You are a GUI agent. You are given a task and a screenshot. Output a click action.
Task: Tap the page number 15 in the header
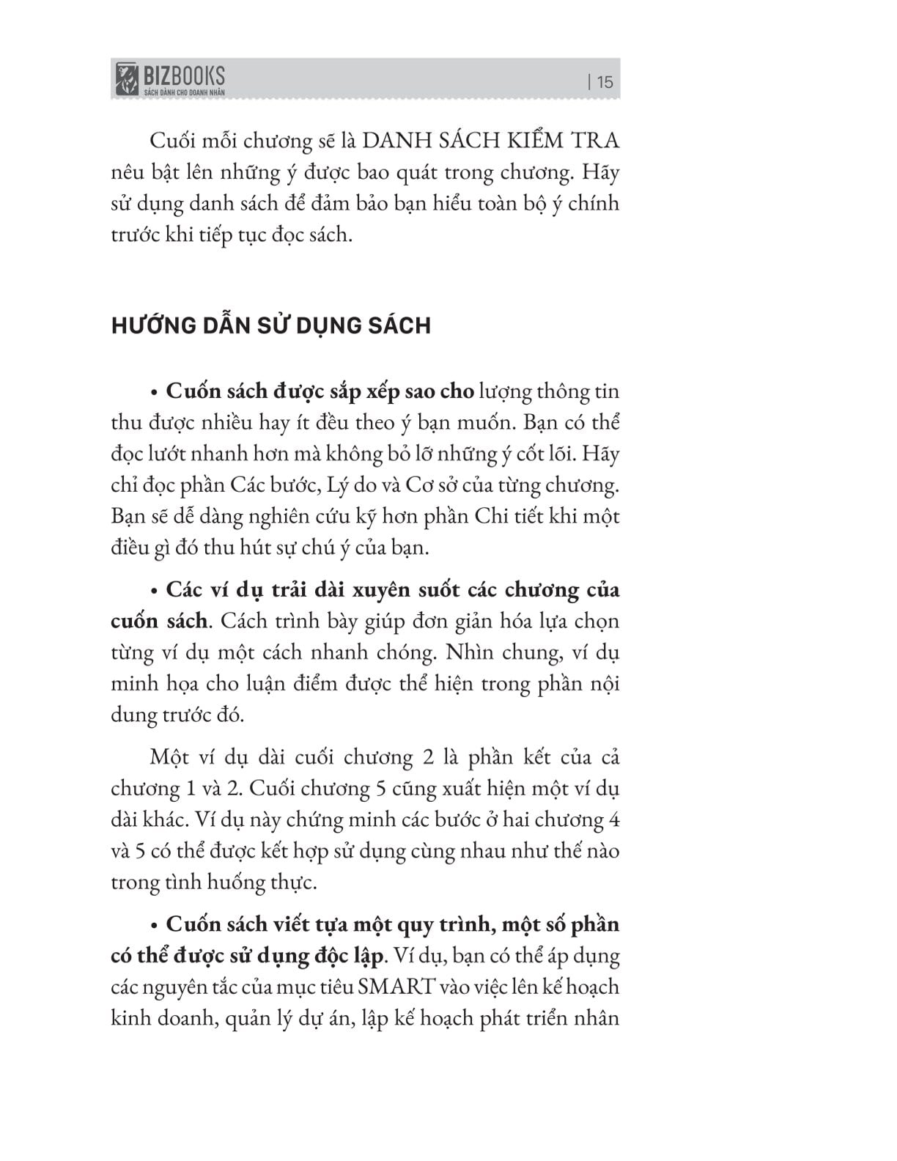pos(605,81)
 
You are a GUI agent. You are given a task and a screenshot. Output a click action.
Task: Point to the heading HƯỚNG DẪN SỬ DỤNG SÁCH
pos(270,325)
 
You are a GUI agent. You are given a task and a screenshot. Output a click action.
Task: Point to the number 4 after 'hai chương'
pos(613,819)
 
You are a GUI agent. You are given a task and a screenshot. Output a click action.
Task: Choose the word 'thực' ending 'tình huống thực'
pos(295,882)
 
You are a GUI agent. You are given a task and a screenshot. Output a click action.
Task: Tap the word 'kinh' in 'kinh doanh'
pos(132,1019)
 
